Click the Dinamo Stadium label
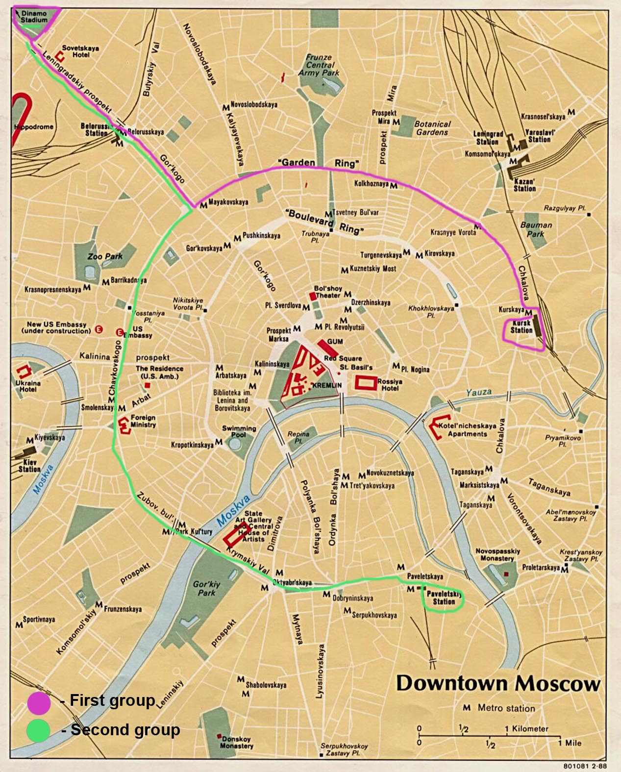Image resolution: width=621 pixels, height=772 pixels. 34,17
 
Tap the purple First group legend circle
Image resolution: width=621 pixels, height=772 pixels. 39,702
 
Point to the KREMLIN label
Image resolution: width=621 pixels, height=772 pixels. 327,385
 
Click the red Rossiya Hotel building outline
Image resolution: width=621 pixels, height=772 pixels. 366,382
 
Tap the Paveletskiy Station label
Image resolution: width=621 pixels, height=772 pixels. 444,598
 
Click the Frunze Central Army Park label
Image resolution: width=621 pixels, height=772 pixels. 319,65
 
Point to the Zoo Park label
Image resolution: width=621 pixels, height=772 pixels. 105,256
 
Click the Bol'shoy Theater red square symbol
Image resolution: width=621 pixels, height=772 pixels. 313,296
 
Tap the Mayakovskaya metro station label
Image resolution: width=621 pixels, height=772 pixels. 228,202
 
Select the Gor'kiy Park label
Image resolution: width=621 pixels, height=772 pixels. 206,588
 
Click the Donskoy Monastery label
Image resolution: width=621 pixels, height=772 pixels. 237,742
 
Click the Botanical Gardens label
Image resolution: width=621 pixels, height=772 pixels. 432,128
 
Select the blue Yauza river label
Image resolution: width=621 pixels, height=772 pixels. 479,392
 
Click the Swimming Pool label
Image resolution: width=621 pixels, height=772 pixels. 239,431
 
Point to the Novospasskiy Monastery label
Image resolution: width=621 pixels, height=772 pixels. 497,554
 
